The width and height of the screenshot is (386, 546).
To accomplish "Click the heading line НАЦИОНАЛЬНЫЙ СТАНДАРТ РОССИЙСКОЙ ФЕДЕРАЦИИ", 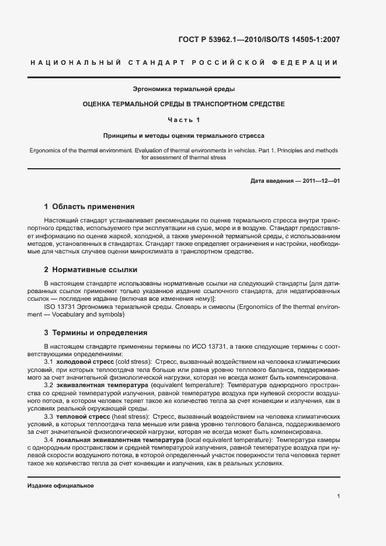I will (x=193, y=63).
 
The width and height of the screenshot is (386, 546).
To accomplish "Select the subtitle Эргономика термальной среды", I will (x=184, y=89).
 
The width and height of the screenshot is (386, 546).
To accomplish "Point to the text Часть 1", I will (x=184, y=120).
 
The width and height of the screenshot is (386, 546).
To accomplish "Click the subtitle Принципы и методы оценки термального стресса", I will (x=184, y=134).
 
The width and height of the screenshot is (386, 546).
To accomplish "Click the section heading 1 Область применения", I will (x=89, y=207).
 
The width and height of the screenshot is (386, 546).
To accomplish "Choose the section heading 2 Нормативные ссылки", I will (x=91, y=270).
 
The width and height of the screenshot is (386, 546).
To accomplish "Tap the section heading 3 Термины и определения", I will (x=96, y=333).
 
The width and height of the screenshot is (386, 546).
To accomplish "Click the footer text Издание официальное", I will (x=61, y=486).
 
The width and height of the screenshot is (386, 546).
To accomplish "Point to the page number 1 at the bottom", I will (x=339, y=496).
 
